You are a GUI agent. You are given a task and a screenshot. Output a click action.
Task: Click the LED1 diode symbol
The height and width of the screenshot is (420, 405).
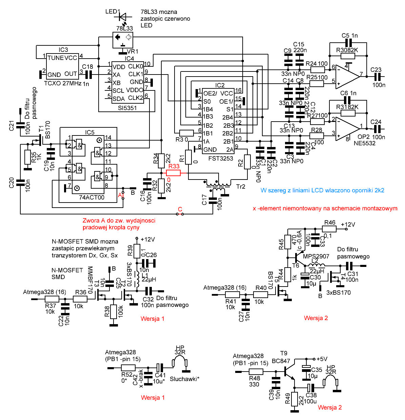[122, 17]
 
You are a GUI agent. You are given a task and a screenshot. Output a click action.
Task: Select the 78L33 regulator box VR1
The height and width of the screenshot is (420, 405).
[123, 40]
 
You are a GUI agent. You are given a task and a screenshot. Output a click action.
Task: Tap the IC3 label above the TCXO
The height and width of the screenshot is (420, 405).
[63, 50]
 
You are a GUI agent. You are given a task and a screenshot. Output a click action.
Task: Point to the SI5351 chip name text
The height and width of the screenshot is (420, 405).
[127, 108]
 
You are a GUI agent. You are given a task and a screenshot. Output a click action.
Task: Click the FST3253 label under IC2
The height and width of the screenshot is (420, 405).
[221, 158]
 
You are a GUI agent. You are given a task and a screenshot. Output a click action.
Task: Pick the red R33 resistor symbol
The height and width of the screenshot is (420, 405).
[174, 173]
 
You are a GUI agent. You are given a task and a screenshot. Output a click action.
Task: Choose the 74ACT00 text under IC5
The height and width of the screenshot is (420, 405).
[92, 197]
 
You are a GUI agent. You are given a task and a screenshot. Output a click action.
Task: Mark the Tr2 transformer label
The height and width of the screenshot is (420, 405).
[241, 187]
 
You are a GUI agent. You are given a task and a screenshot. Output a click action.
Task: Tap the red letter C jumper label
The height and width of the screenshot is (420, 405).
[180, 209]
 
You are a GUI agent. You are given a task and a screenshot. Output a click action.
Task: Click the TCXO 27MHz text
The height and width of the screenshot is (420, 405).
[63, 83]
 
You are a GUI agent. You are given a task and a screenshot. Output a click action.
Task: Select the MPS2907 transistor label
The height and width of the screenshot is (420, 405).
[316, 256]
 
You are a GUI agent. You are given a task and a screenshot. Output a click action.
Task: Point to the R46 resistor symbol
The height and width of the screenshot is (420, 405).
[329, 229]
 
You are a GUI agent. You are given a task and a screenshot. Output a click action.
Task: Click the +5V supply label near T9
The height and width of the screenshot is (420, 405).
[322, 359]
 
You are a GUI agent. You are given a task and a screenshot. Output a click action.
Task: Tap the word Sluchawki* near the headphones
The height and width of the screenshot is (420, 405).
[184, 379]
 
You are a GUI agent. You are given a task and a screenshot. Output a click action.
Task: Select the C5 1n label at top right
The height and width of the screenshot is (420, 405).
[349, 36]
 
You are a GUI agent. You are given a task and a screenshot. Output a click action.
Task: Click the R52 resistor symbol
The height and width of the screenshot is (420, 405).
[128, 368]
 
